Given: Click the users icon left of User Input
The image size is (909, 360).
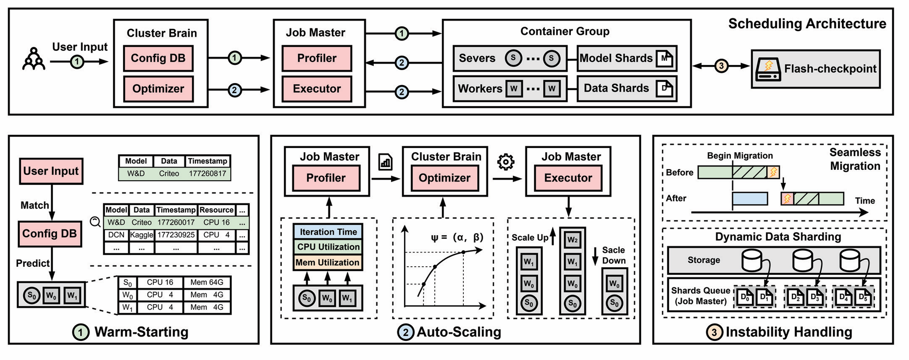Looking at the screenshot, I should click(34, 59).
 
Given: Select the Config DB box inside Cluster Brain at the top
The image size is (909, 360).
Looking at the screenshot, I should click(158, 58).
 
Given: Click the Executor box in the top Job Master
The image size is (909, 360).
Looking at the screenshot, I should click(317, 89).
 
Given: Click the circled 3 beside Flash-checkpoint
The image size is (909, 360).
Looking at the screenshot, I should click(721, 66).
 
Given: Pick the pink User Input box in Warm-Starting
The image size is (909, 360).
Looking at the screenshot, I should click(51, 171).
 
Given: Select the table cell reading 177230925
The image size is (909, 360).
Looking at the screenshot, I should click(176, 235).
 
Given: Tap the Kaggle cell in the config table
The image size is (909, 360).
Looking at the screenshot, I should click(142, 235).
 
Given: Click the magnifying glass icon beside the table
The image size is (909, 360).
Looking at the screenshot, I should click(95, 222).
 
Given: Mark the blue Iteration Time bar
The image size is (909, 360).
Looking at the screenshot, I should click(328, 232).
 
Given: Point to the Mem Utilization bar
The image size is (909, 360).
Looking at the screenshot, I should click(328, 262).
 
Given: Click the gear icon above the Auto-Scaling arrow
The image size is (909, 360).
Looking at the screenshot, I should click(505, 162).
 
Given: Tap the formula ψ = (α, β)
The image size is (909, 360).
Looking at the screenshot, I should click(457, 237).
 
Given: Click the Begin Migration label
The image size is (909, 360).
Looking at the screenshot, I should click(740, 156).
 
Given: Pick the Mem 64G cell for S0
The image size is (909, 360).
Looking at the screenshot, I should click(207, 283).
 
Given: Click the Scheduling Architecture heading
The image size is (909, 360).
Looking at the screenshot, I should click(807, 24).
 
